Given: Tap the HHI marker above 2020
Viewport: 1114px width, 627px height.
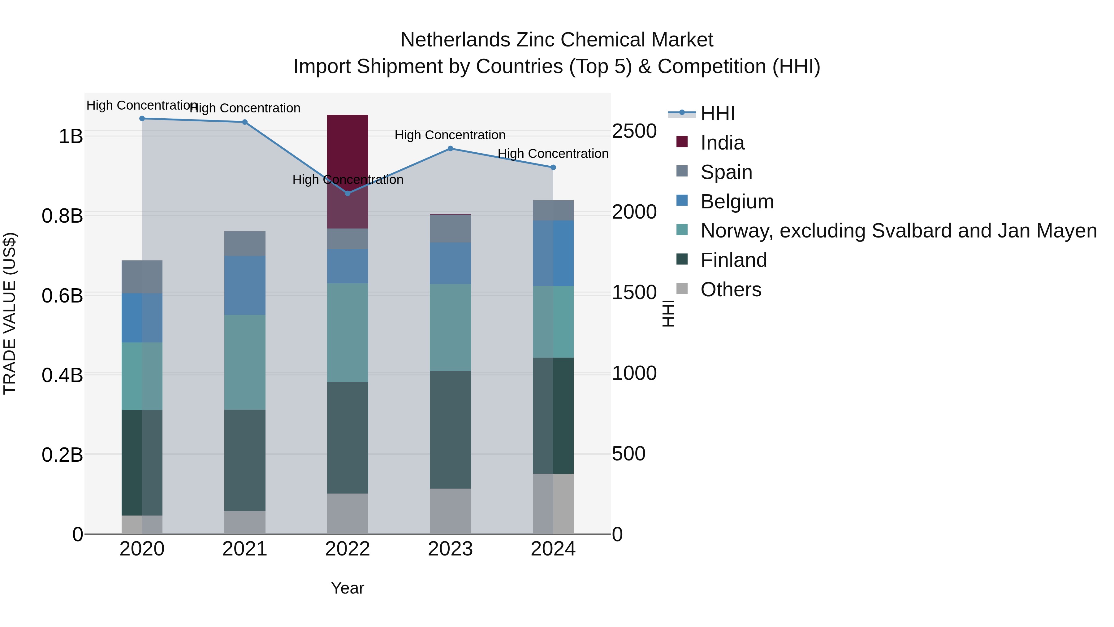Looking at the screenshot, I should pyautogui.click(x=142, y=119).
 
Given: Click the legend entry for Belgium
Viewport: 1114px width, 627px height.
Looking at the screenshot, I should pyautogui.click(x=737, y=202).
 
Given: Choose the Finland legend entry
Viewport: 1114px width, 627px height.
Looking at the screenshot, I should pyautogui.click(x=733, y=260).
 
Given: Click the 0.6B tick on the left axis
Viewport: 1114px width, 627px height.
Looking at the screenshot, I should pyautogui.click(x=62, y=296).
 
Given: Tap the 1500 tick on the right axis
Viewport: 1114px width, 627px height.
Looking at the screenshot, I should pyautogui.click(x=634, y=293).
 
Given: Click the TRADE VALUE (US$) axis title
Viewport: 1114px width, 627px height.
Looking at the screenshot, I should pyautogui.click(x=10, y=313).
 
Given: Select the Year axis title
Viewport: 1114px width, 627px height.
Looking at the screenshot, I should pyautogui.click(x=347, y=588).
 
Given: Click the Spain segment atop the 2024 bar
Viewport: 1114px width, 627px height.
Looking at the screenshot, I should pyautogui.click(x=553, y=210).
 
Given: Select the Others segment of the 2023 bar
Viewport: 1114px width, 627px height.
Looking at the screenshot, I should pyautogui.click(x=450, y=511).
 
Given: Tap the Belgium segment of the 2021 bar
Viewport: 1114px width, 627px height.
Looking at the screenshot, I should pyautogui.click(x=245, y=285).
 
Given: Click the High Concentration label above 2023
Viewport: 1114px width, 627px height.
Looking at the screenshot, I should pyautogui.click(x=450, y=135).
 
